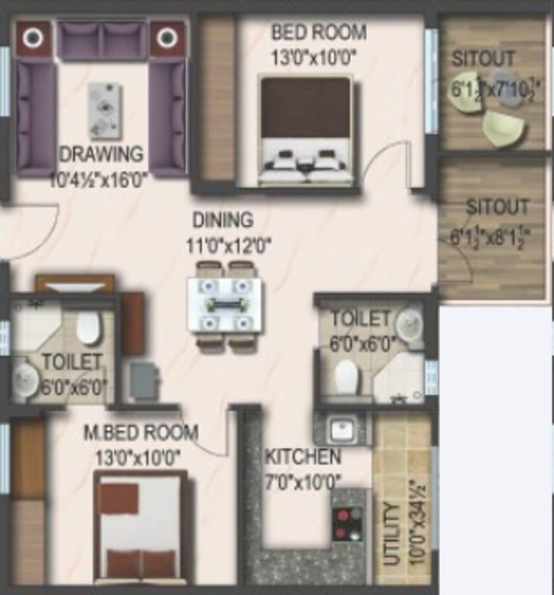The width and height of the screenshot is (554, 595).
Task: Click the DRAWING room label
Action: (x=102, y=153)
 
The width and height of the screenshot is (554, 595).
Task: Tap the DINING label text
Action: (x=223, y=219)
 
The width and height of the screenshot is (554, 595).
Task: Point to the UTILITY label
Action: (x=393, y=535)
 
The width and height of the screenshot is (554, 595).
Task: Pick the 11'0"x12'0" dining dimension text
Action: (x=229, y=246)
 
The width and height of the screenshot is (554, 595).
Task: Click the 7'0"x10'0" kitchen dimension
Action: (x=303, y=480)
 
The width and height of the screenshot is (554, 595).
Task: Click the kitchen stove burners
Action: (x=347, y=523)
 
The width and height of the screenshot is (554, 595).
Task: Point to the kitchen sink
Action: (x=339, y=428)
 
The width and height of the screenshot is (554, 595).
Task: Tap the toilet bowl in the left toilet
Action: (x=88, y=328)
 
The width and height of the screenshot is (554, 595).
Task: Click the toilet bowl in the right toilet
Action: (x=346, y=377)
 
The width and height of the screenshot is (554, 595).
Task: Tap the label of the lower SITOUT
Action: (x=497, y=208)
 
